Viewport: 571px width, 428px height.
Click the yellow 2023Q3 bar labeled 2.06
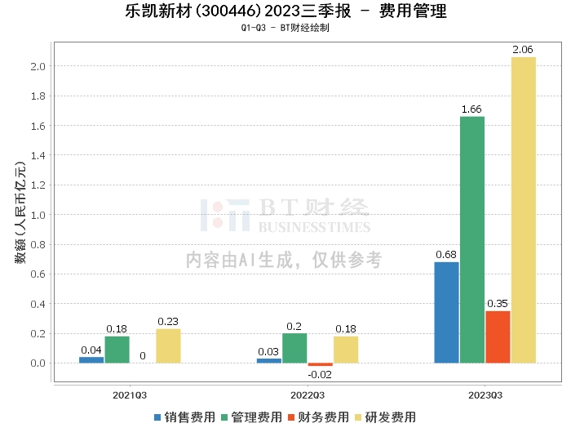click(524, 210)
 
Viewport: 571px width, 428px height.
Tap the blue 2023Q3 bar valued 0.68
click(446, 312)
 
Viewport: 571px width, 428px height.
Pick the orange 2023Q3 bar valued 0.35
click(498, 337)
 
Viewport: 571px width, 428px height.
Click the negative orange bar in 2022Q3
click(321, 364)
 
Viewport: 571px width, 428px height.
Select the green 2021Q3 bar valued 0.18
click(117, 350)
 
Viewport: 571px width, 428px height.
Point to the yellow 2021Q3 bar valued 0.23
click(168, 346)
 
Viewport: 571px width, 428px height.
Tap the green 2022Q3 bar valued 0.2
click(294, 348)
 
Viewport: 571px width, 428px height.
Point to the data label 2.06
click(524, 51)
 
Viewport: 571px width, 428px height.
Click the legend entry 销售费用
click(184, 417)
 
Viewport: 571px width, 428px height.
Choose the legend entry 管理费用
click(250, 417)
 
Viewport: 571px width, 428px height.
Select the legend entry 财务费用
click(317, 417)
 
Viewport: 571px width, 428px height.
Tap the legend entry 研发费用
click(383, 417)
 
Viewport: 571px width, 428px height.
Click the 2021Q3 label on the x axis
click(130, 395)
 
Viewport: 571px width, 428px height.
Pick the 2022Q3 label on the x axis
click(308, 395)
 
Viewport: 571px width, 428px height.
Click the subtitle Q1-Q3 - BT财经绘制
click(285, 28)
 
